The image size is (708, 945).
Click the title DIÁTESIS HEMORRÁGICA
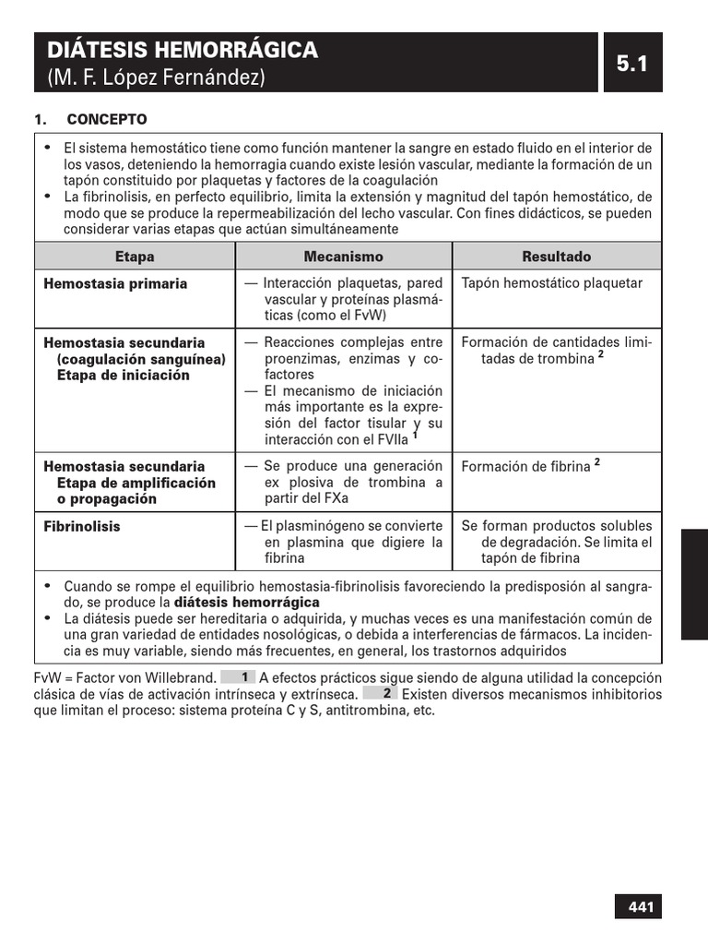click(183, 50)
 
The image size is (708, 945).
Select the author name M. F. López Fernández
click(156, 78)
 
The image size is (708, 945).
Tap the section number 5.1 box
click(632, 63)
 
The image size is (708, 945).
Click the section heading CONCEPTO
click(106, 120)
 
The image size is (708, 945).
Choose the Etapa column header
click(135, 257)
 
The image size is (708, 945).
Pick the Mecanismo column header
click(343, 257)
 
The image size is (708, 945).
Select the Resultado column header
click(556, 257)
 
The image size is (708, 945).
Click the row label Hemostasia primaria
click(115, 284)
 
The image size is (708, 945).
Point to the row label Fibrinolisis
click(82, 527)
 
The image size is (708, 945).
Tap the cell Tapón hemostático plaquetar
click(552, 284)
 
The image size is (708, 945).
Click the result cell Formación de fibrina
click(525, 467)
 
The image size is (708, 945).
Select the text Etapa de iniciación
click(123, 376)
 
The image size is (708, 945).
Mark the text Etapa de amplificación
click(136, 483)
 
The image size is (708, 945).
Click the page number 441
click(640, 907)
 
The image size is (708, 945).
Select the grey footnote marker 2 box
click(380, 693)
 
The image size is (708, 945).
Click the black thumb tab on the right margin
click(694, 584)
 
